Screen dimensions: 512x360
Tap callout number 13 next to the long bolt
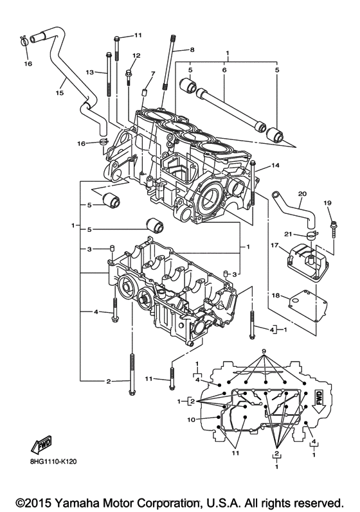pos(90,72)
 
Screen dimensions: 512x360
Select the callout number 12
pos(136,55)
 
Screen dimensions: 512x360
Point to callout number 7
pos(152,74)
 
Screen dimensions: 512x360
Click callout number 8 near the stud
pos(191,49)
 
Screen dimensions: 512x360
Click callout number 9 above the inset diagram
pos(263,352)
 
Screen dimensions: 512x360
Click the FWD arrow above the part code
pos(41,444)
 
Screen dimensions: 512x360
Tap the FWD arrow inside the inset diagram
pos(319,403)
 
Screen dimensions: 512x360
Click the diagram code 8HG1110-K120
pos(53,461)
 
